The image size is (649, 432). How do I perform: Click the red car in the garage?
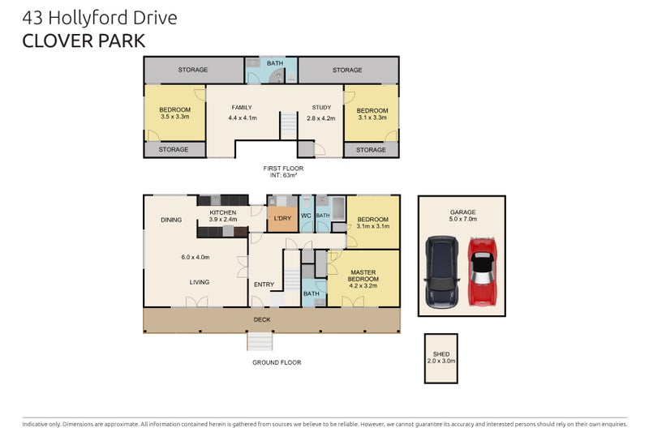[482, 272]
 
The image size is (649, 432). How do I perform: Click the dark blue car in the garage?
[442, 272]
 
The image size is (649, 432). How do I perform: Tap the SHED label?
[441, 354]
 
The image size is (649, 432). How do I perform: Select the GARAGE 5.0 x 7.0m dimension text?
[462, 219]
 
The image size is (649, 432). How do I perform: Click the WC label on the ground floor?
[306, 216]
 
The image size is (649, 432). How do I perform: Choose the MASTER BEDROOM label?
[363, 276]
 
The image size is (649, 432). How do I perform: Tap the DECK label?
[262, 319]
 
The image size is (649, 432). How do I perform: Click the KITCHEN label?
[222, 212]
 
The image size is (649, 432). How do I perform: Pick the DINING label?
[171, 220]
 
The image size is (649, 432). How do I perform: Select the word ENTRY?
[264, 284]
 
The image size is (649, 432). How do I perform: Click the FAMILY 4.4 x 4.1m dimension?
[243, 118]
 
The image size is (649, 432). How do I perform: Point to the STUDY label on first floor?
[321, 108]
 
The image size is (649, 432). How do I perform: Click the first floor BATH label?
[275, 63]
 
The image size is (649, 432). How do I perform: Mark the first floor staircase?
[289, 126]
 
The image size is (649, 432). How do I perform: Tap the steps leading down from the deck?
[260, 341]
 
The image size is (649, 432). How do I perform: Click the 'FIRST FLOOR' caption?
[283, 169]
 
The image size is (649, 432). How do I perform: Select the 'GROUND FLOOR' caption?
[277, 362]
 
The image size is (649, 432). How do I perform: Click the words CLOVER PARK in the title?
[84, 41]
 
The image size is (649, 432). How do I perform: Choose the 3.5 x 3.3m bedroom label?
[175, 117]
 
